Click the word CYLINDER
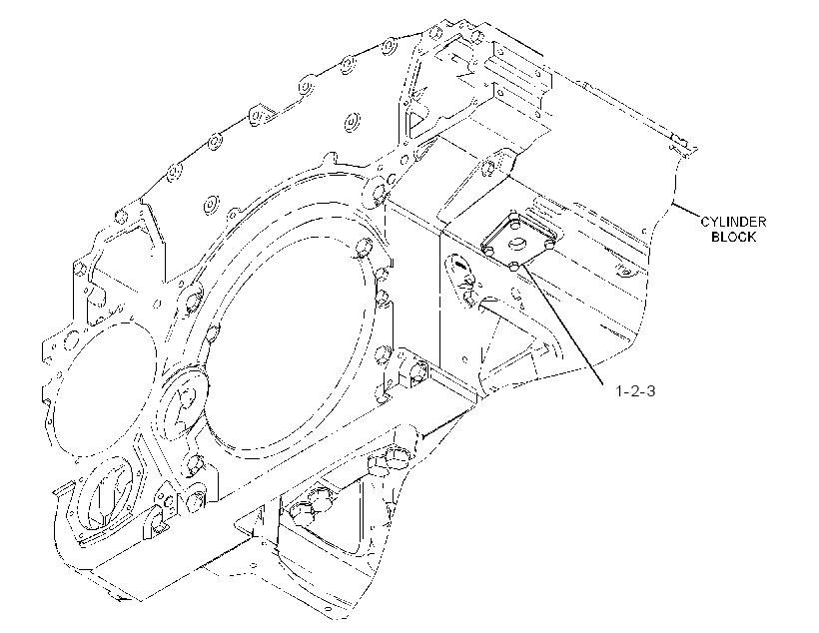coord(733,222)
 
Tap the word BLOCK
coord(734,237)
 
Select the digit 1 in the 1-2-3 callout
coord(619,390)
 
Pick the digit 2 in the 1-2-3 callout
coord(634,390)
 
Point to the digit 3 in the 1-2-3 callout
coord(650,390)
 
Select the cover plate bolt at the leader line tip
coord(514,268)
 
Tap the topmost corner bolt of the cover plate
coord(514,224)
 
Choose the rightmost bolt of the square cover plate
coord(549,243)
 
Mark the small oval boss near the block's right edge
coord(624,271)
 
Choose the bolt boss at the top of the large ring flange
coord(378,191)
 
